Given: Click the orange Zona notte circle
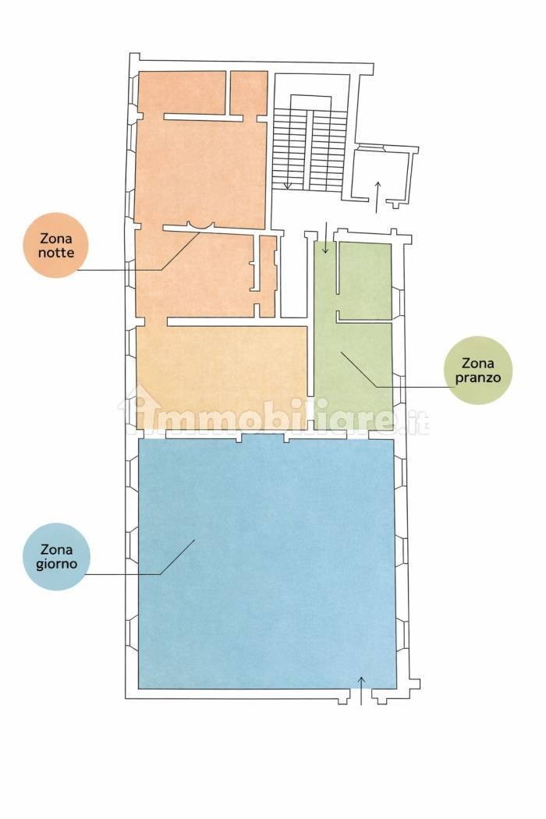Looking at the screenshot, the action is (56, 245).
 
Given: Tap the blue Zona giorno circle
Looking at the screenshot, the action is (57, 557).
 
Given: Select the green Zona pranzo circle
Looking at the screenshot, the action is (477, 370).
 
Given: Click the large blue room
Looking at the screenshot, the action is (267, 563).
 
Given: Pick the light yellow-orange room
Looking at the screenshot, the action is (222, 377).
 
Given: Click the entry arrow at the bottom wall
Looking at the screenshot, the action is (361, 690).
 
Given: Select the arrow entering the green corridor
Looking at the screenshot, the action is (325, 238).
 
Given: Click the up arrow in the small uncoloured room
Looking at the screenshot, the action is (378, 197).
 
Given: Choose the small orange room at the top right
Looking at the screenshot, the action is (250, 93).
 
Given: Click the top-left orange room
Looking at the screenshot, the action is (182, 93).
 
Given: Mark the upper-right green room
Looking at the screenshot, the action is (365, 281).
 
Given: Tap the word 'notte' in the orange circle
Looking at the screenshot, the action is (56, 253).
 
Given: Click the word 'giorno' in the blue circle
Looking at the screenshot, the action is (57, 564).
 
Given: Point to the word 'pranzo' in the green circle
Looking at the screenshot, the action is (477, 377).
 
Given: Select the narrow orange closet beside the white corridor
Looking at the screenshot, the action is (268, 276).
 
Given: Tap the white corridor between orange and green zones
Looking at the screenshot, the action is (293, 275).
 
